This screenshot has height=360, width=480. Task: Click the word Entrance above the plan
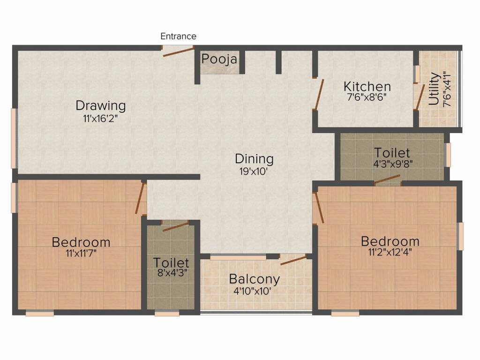[x=178, y=36]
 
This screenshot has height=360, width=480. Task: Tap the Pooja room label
[x=219, y=60]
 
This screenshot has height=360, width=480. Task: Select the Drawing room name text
[x=101, y=105]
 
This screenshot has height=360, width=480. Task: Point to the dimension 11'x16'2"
[x=100, y=119]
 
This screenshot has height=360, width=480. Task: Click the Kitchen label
[x=367, y=87]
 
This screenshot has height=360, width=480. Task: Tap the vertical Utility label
[x=434, y=89]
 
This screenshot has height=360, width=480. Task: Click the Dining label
[x=254, y=159]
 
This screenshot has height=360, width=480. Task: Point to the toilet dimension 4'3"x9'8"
[x=393, y=164]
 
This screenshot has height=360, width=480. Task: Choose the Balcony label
[x=254, y=279]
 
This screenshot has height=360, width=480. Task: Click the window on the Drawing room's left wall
[x=14, y=138]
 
